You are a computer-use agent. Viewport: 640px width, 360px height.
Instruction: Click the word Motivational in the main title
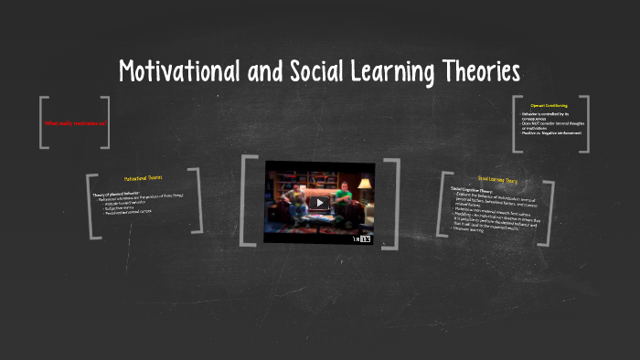tap(178, 71)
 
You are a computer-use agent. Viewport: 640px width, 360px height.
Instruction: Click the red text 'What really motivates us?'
tap(75, 122)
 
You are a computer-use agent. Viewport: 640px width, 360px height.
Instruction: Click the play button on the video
tap(319, 203)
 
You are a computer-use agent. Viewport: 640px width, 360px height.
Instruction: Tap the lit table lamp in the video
tap(365, 185)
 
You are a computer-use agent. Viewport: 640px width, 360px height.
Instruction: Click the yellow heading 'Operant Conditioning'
tap(550, 106)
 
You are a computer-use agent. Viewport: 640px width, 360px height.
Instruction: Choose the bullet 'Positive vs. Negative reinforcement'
tap(551, 134)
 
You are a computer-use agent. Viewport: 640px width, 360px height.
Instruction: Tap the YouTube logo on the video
tap(365, 239)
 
